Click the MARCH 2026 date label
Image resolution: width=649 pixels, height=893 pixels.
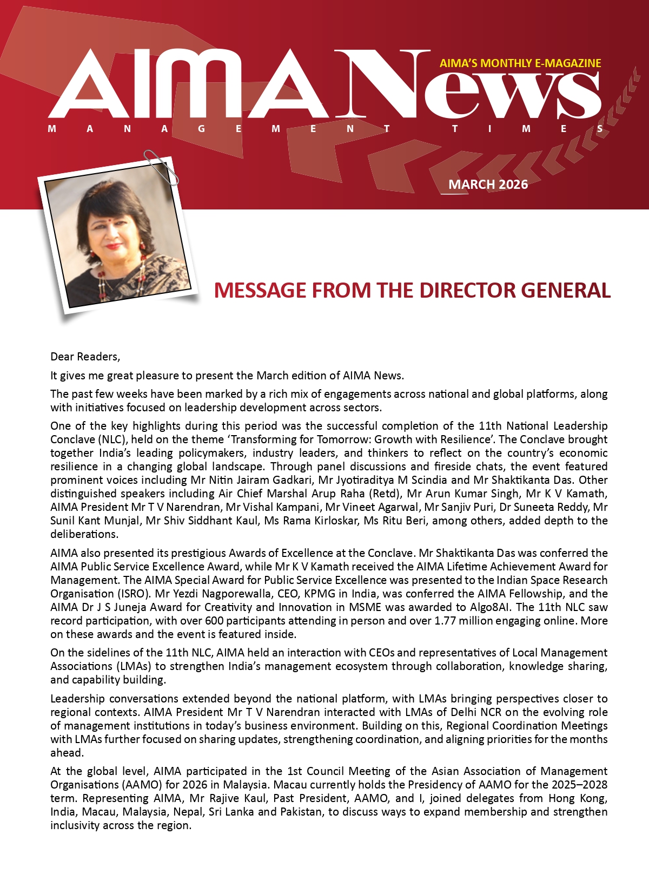pyautogui.click(x=488, y=185)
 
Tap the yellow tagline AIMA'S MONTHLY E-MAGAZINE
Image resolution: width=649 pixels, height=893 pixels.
pyautogui.click(x=520, y=63)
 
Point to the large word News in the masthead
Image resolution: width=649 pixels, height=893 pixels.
pyautogui.click(x=468, y=87)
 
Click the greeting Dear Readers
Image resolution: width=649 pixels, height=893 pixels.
pyautogui.click(x=85, y=357)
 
